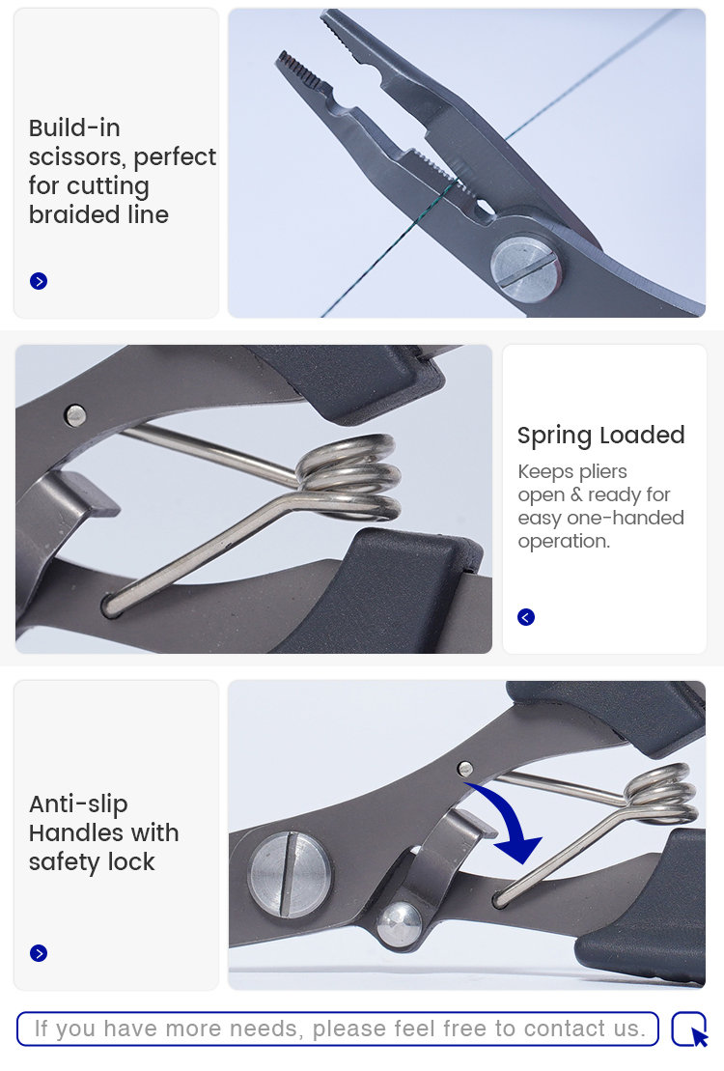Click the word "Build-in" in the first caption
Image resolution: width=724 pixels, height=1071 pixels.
tap(74, 127)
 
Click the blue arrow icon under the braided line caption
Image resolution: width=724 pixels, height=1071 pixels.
tap(39, 281)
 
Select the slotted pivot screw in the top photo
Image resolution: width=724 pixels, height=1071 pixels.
tap(526, 268)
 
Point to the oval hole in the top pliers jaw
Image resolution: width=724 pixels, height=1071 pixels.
tap(485, 208)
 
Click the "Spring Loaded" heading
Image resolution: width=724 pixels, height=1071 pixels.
tap(601, 436)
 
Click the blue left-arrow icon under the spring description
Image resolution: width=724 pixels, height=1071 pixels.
tap(526, 617)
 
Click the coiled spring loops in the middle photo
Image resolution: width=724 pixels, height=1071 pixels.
tap(348, 477)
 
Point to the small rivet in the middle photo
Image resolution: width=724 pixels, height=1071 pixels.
tap(75, 414)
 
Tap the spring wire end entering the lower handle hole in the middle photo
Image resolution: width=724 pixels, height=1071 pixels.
tap(112, 606)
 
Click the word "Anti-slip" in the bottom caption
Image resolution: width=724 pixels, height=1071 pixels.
tap(78, 803)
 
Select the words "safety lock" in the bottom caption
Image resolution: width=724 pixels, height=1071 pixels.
tap(92, 862)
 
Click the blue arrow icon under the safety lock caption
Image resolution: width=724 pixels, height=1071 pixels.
tap(39, 953)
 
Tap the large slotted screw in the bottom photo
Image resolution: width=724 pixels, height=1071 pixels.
tap(291, 874)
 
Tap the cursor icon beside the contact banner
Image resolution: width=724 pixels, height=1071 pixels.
tap(690, 1029)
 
